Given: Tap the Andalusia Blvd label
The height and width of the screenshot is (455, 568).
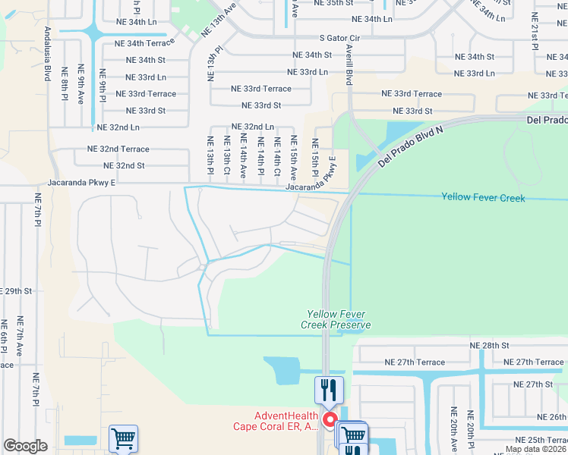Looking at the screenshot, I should click(x=48, y=54).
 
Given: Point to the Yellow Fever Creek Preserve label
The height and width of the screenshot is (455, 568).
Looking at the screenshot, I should click(x=339, y=319).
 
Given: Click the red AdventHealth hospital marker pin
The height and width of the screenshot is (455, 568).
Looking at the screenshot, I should click(x=330, y=419).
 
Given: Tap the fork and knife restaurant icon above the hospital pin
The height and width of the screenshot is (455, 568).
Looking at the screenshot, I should click(x=329, y=390).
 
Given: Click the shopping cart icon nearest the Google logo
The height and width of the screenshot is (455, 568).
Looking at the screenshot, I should click(x=123, y=438).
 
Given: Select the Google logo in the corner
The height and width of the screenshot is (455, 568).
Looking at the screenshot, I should click(x=25, y=446).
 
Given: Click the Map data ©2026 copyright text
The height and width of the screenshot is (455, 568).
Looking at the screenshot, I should click(x=535, y=449).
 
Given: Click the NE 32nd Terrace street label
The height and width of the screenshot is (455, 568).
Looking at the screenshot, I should click(x=118, y=149).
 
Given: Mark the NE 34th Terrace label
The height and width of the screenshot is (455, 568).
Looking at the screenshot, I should click(x=145, y=44).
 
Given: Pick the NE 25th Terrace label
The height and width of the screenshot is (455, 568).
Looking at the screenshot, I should click(x=541, y=441).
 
